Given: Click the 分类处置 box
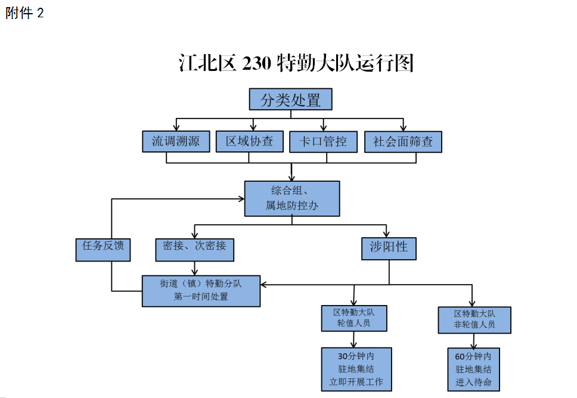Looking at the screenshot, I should [290, 99].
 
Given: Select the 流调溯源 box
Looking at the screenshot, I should [176, 141].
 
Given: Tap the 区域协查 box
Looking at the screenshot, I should [249, 141].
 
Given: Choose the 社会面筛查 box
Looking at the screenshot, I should [403, 142].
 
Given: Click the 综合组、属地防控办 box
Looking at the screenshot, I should [292, 198].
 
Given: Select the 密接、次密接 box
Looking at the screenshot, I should [194, 249].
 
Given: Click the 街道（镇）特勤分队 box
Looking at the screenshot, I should [201, 290].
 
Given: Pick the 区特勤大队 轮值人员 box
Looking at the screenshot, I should [354, 318].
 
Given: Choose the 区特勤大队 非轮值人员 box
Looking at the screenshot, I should [474, 321].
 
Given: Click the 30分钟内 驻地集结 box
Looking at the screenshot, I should [356, 369].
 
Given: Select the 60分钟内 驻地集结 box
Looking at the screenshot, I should [473, 369].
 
